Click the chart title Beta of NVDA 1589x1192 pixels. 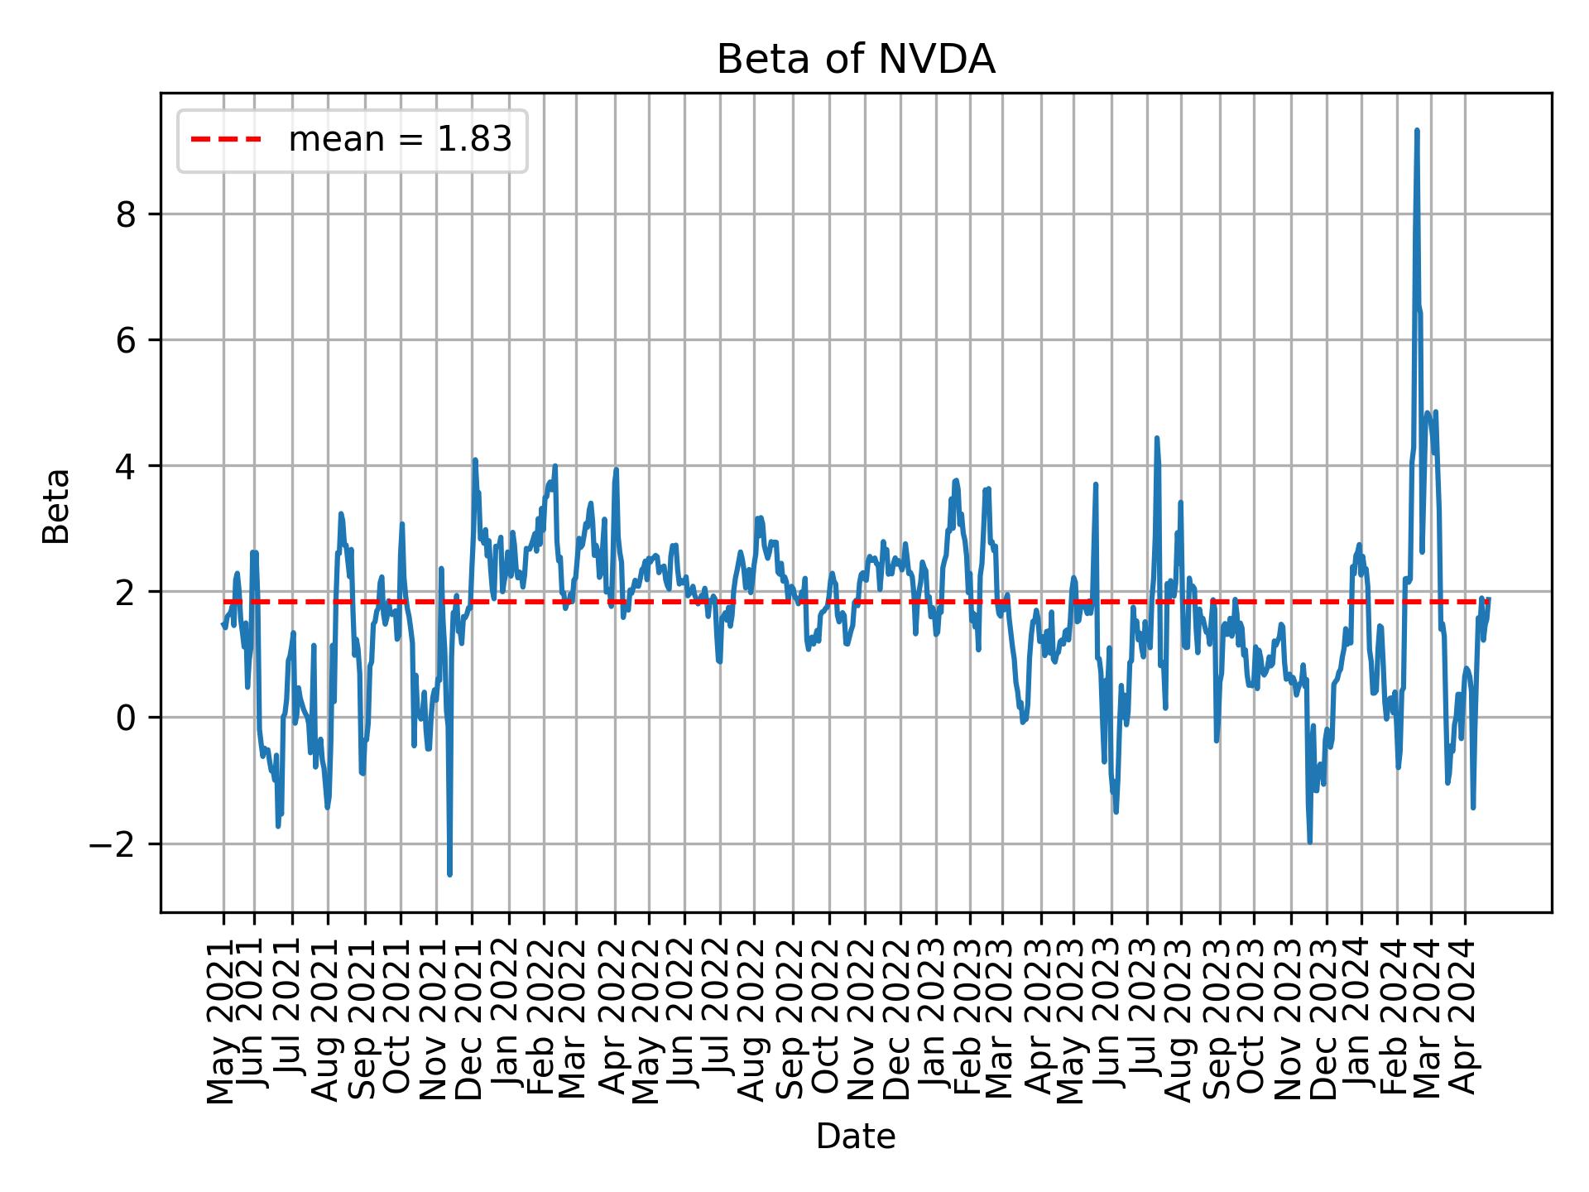coord(855,60)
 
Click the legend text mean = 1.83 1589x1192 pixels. coord(400,140)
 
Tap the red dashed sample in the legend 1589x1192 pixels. coord(226,140)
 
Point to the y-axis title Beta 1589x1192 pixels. coord(56,506)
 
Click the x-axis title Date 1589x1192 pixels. coord(855,1137)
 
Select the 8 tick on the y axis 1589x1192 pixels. coord(126,214)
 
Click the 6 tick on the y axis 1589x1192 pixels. coord(126,340)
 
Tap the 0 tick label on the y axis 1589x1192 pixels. coord(126,718)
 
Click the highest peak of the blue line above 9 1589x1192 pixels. coord(1417,130)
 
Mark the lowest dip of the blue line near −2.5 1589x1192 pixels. coord(449,874)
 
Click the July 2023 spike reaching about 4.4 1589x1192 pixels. coord(1157,438)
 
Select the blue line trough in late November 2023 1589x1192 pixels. coord(1309,842)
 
